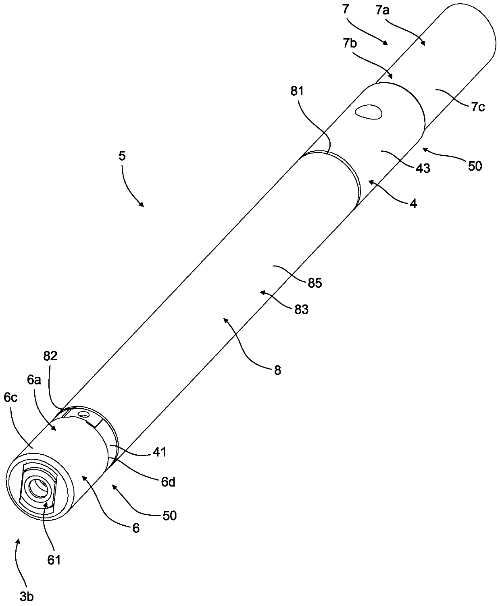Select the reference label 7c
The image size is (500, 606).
(477, 107)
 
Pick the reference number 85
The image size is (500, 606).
(315, 283)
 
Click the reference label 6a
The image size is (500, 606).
(34, 380)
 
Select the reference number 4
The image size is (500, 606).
(413, 204)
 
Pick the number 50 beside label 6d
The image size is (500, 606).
(170, 515)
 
